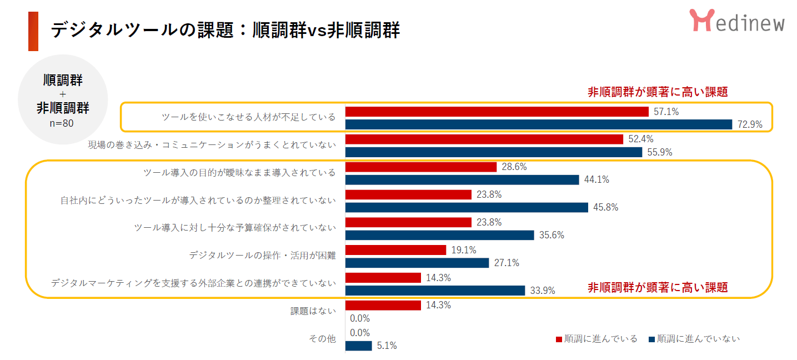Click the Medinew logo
[x=737, y=21]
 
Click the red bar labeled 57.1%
[x=497, y=112]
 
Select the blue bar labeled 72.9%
[x=539, y=124]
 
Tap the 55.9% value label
[x=660, y=152]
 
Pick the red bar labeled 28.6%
[x=421, y=167]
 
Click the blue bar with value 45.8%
[x=467, y=207]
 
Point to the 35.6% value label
[x=552, y=235]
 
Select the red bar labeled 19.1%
[x=395, y=250]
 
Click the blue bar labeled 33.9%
[x=435, y=291]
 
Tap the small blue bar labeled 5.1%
[x=359, y=346]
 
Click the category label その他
[x=322, y=339]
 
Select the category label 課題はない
[x=313, y=311]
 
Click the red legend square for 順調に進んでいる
[x=559, y=339]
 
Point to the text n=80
[x=62, y=123]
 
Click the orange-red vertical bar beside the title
[x=33, y=31]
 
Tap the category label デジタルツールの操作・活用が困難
[x=262, y=256]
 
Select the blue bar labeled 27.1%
[x=417, y=263]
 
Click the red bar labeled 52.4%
[x=484, y=139]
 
